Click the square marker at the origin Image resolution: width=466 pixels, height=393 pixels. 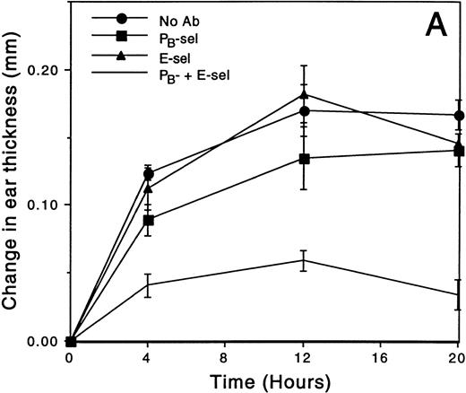[71, 341]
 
